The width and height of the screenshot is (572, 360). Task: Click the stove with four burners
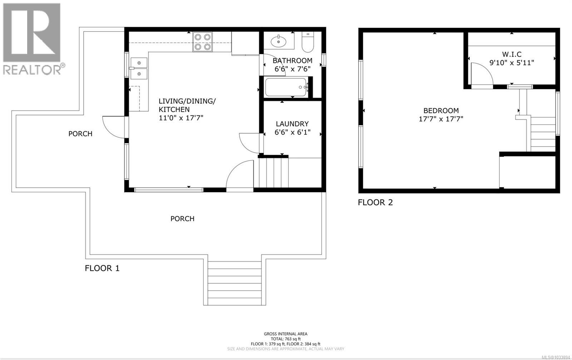click(x=202, y=41)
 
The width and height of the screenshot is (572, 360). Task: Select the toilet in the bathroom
click(x=307, y=43)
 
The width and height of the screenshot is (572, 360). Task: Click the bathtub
click(x=286, y=87)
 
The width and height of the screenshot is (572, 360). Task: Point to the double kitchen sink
click(x=139, y=68)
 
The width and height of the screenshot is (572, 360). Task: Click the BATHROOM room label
click(x=292, y=60)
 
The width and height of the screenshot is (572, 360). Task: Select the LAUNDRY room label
click(x=292, y=124)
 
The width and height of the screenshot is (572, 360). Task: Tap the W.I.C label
click(x=512, y=54)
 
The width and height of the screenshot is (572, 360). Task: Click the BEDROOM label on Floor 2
click(x=441, y=111)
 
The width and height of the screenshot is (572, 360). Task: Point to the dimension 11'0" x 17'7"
click(x=181, y=118)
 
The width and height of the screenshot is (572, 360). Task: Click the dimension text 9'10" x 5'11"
click(x=512, y=63)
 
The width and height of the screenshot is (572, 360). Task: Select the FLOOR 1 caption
click(x=102, y=268)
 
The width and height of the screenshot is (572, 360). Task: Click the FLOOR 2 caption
click(x=375, y=202)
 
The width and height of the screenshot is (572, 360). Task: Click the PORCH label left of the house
click(x=80, y=134)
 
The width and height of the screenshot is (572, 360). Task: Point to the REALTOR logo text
click(x=32, y=69)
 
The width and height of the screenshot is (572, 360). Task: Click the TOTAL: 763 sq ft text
click(x=286, y=339)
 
